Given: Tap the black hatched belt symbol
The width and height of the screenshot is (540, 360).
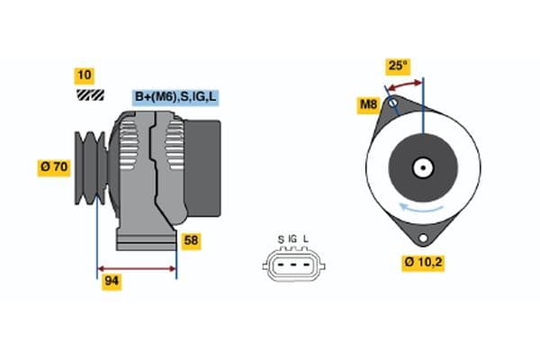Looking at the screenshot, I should click(x=89, y=94).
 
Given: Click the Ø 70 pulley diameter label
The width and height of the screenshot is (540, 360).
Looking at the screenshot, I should click(x=54, y=166).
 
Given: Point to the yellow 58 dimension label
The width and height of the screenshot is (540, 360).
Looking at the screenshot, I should click(x=191, y=240).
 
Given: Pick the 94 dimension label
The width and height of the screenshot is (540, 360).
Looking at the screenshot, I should click(x=112, y=281).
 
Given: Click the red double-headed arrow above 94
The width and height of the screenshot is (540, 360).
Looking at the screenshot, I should click(x=136, y=268).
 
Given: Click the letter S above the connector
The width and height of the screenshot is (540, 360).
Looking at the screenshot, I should click(x=281, y=238).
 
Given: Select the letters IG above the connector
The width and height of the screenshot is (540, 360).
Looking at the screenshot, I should click(x=292, y=238).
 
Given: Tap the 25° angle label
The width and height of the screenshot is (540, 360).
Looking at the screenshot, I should click(x=398, y=67).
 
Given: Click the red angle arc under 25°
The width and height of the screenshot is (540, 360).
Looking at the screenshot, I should click(x=405, y=85).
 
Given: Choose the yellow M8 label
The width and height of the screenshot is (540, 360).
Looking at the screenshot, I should click(x=368, y=105).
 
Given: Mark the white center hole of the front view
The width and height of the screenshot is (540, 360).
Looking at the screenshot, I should click(x=423, y=166).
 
